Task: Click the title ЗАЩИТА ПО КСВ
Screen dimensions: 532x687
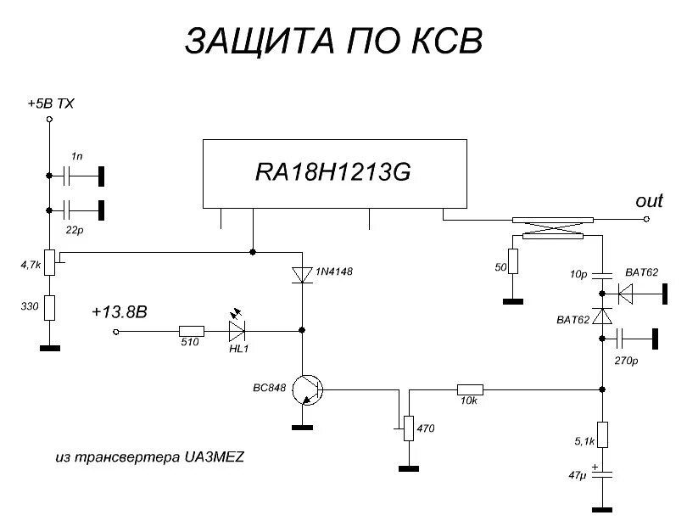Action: click(x=333, y=41)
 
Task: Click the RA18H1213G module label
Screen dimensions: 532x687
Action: click(x=332, y=172)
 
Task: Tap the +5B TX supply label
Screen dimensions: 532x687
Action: click(x=51, y=104)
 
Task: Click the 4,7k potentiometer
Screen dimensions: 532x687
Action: click(x=49, y=262)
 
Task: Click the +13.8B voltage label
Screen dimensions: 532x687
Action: click(x=119, y=312)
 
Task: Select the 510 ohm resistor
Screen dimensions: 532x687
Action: click(x=192, y=332)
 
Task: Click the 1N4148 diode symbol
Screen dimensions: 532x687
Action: click(x=303, y=274)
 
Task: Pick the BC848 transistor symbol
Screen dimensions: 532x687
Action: click(x=306, y=390)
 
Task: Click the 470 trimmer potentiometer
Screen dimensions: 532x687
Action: click(x=409, y=428)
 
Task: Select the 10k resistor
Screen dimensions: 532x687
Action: click(x=470, y=389)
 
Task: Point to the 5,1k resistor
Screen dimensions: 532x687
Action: click(x=601, y=434)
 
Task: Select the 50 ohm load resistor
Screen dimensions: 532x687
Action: click(x=512, y=261)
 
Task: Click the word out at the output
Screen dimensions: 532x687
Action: click(x=649, y=201)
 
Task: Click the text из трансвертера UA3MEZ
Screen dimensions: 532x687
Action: click(x=149, y=457)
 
